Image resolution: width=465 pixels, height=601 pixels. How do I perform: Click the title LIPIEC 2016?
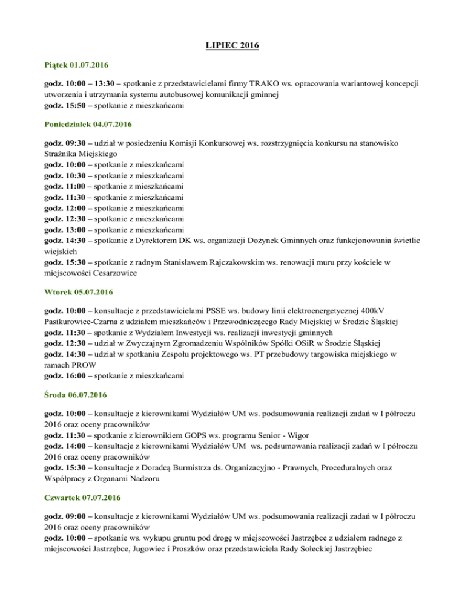[232, 45]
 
